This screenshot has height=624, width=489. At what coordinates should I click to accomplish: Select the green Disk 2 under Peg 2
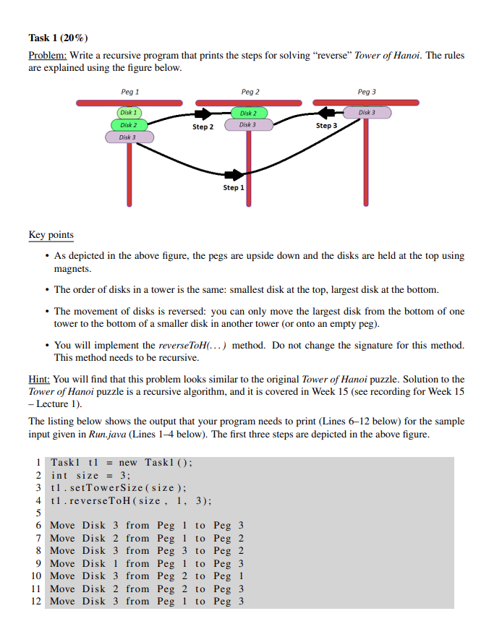pyautogui.click(x=247, y=113)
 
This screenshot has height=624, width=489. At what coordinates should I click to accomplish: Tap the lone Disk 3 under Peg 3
pyautogui.click(x=367, y=113)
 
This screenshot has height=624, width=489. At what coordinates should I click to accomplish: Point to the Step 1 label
pyautogui.click(x=234, y=188)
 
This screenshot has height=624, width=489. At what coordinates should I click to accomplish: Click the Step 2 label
pyautogui.click(x=203, y=127)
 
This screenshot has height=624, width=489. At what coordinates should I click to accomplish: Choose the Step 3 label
pyautogui.click(x=326, y=126)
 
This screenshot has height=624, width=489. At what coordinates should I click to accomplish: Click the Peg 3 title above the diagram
pyautogui.click(x=367, y=93)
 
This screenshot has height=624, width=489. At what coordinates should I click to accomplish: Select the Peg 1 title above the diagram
pyautogui.click(x=130, y=93)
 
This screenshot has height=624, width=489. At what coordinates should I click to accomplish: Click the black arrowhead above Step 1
pyautogui.click(x=235, y=175)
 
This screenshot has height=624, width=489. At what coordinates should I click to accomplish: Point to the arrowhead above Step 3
pyautogui.click(x=327, y=114)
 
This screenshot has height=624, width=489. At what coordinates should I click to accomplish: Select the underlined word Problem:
pyautogui.click(x=48, y=56)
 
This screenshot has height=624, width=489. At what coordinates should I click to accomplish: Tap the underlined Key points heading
pyautogui.click(x=51, y=235)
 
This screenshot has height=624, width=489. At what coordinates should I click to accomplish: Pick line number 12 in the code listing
pyautogui.click(x=37, y=602)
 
